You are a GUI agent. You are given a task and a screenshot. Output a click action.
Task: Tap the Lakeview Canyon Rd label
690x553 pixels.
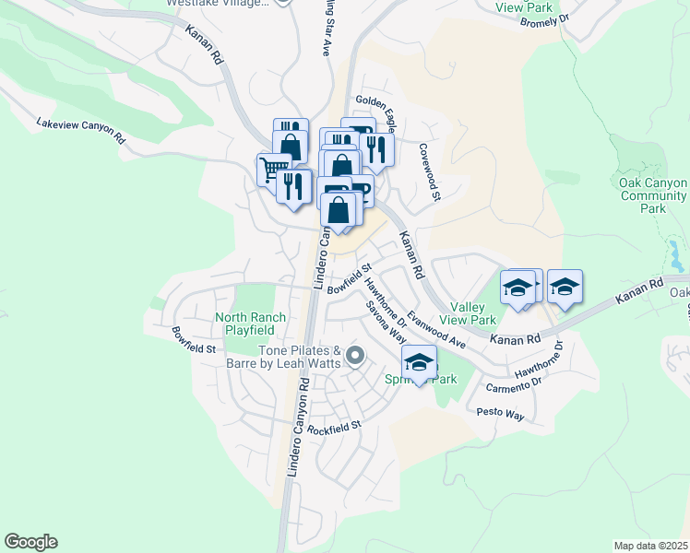coord(80,131)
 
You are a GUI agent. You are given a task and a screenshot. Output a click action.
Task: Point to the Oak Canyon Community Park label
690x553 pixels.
coord(654,195)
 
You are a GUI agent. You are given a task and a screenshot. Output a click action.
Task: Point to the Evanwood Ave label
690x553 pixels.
coord(438,325)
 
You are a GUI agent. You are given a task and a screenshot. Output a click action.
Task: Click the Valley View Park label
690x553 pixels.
coord(472,313)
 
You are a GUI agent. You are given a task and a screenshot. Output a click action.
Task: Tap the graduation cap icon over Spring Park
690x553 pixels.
coord(420,361)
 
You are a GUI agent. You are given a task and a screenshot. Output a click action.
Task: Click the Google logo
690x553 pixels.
coord(30,542)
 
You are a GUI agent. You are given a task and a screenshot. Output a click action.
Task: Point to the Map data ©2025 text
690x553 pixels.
coord(651,546)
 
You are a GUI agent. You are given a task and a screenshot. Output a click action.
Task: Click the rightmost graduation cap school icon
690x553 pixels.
coord(565,287)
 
